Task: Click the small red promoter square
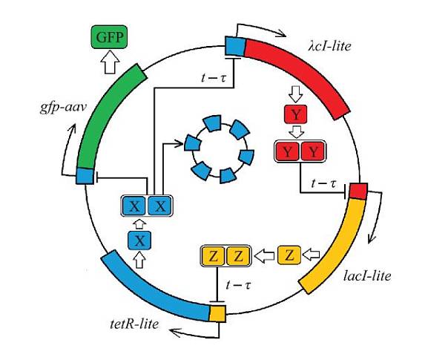[358, 191]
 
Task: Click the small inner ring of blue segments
[219, 148]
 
